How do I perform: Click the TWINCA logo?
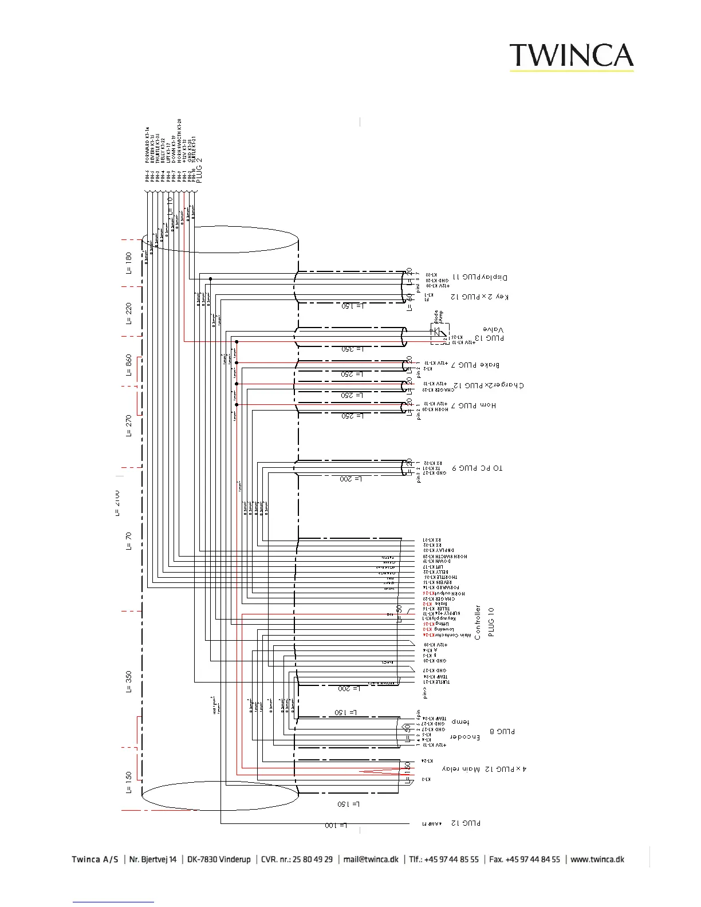572,56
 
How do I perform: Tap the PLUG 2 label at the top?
199,170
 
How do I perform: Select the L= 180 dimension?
129,263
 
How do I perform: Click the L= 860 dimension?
129,365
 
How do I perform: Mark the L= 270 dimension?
129,426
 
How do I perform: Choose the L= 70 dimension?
129,541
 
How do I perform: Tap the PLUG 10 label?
491,622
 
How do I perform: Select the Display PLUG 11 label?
480,277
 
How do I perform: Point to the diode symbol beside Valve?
438,331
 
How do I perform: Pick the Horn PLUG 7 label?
477,405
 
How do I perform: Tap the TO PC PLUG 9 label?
477,468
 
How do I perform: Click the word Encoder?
464,737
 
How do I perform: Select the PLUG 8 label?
502,731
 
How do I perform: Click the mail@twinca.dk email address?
371,859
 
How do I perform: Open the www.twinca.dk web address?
597,859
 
